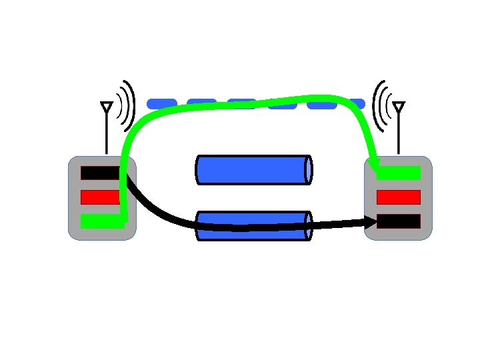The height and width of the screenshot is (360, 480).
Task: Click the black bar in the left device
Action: (x=99, y=173)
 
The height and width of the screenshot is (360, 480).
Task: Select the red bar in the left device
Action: (x=100, y=197)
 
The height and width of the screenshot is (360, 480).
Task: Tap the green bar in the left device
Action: (x=100, y=221)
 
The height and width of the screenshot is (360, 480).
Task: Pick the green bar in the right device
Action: (x=399, y=173)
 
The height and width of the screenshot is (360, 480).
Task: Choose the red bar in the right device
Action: (x=399, y=197)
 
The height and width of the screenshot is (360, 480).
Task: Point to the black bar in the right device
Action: (x=399, y=221)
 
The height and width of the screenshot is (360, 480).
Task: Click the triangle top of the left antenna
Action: (x=106, y=107)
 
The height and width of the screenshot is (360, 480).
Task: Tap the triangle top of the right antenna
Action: (x=399, y=107)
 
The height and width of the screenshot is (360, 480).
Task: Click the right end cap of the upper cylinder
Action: (x=309, y=169)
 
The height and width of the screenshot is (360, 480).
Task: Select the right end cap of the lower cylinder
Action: (x=309, y=227)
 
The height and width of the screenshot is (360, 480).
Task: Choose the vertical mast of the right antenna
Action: (x=399, y=137)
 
